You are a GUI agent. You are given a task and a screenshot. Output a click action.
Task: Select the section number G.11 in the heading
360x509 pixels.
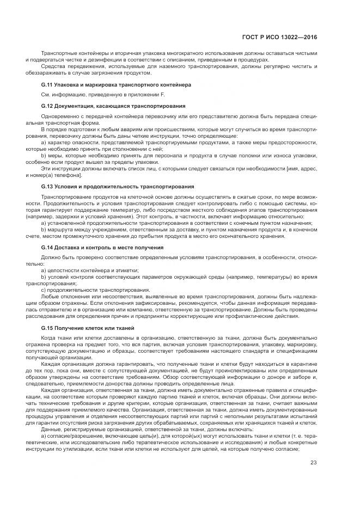[47, 85]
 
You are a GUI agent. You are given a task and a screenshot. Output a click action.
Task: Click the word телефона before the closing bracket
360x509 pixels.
[68, 176]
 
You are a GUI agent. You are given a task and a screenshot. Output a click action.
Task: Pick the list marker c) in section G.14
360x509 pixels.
[44, 290]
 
